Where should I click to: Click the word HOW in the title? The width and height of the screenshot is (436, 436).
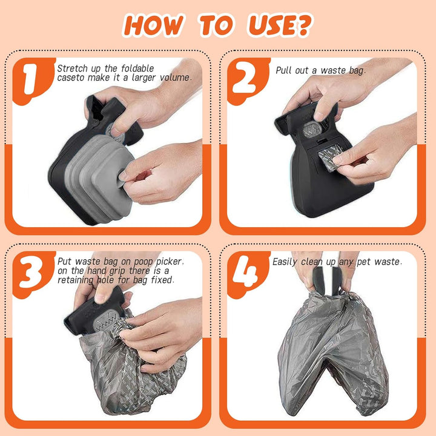[153, 25]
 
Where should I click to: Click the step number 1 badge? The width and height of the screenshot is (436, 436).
[33, 81]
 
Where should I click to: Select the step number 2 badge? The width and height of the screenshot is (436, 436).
[248, 81]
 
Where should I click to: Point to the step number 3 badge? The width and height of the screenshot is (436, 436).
[33, 274]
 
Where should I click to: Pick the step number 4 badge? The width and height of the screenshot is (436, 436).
[248, 274]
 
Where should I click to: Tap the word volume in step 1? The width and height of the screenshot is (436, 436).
[175, 78]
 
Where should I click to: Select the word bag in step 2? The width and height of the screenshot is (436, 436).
[357, 71]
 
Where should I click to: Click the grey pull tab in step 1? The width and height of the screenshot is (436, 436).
[122, 177]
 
